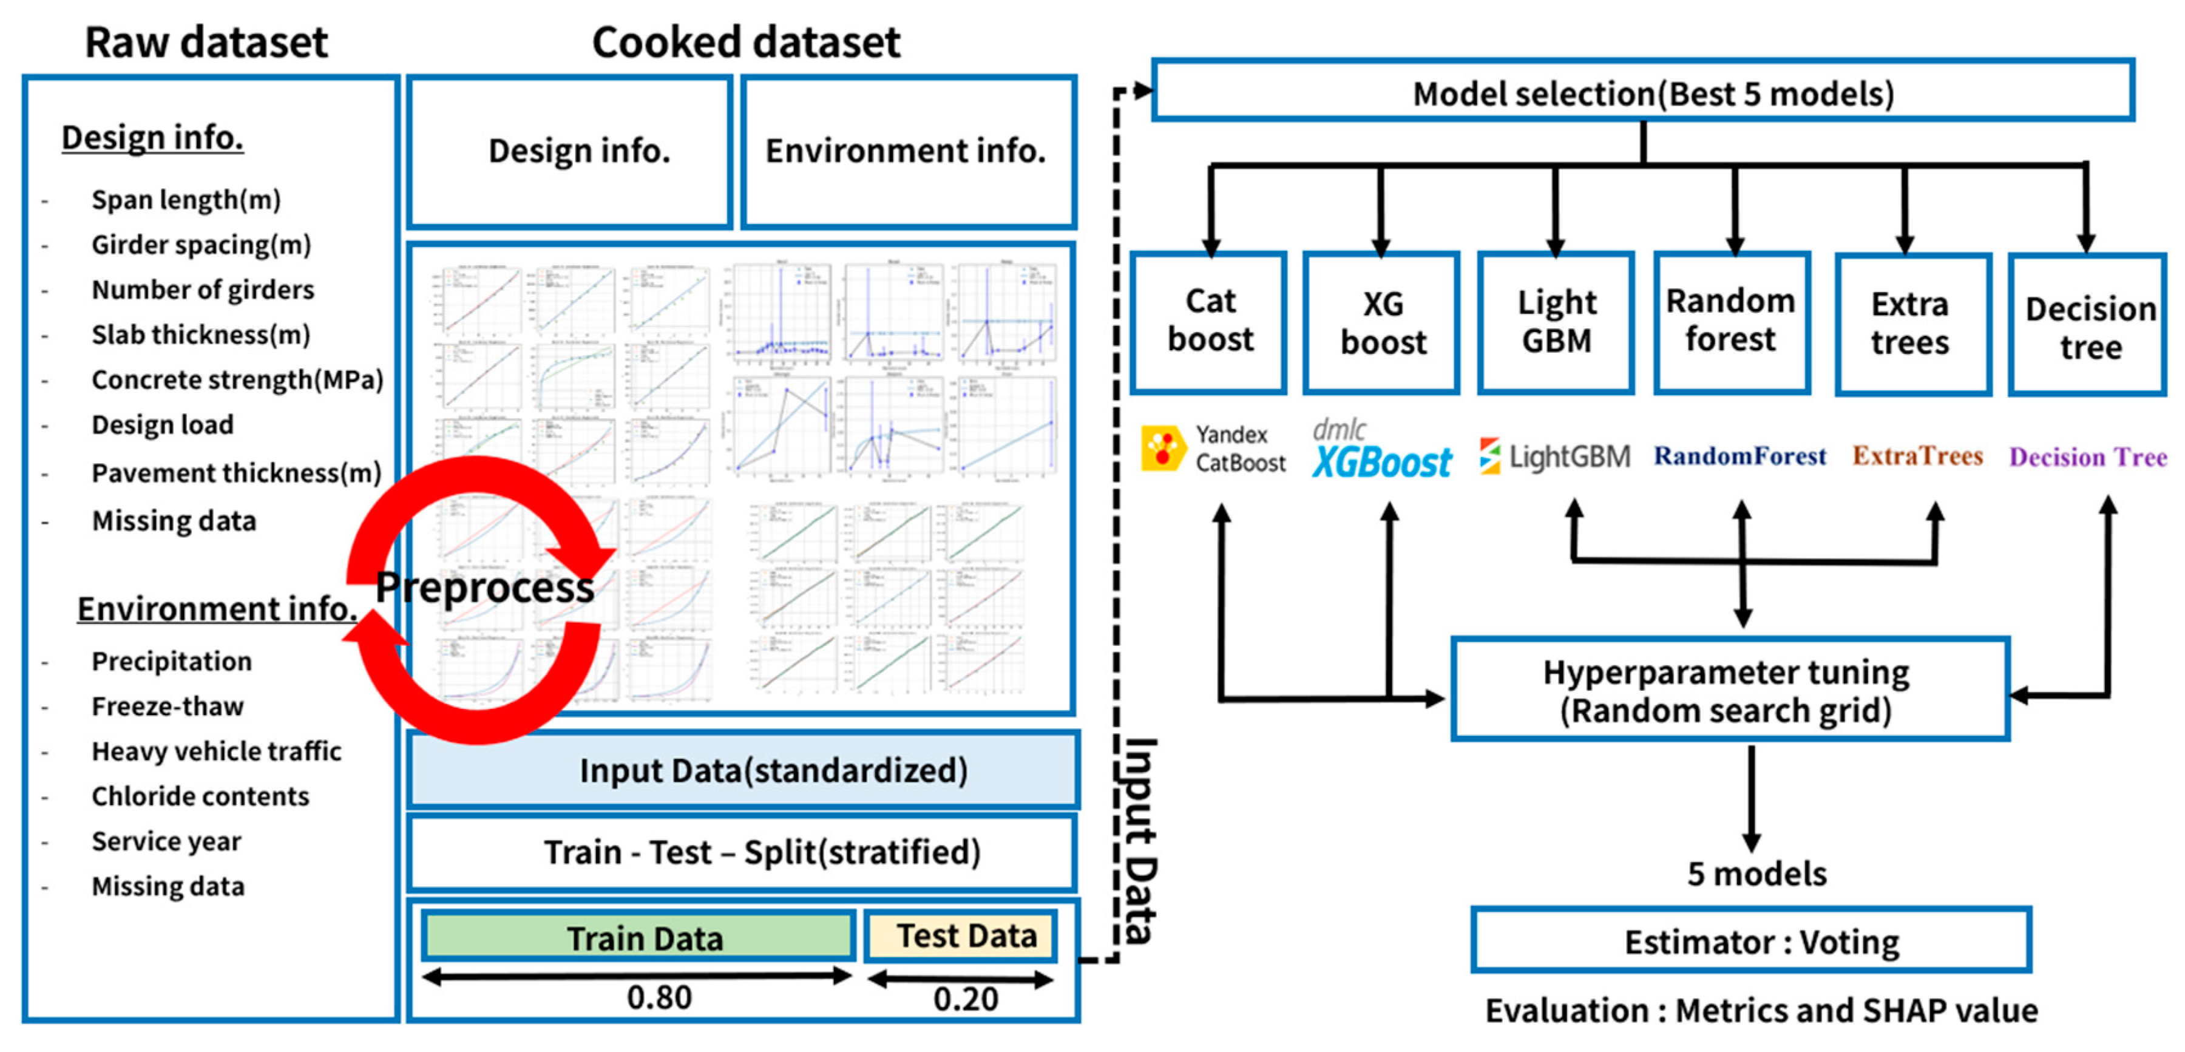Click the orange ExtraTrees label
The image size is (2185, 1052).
[1917, 456]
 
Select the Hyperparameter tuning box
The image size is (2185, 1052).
[1728, 690]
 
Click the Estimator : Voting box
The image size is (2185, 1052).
[1752, 940]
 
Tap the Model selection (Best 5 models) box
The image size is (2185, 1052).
[1643, 92]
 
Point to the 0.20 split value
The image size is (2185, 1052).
[964, 998]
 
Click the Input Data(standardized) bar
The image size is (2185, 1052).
[743, 770]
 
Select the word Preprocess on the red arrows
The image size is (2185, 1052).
[484, 587]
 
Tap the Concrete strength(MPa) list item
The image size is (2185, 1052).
[237, 379]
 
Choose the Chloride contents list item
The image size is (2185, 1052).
[200, 796]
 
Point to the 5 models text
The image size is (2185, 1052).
[1756, 873]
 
